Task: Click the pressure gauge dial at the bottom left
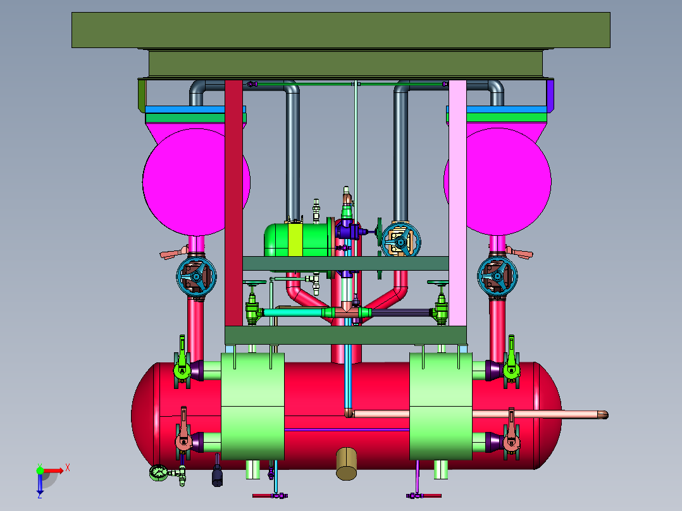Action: (158, 473)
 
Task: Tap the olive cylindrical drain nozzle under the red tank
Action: (346, 464)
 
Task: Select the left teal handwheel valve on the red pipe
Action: (196, 276)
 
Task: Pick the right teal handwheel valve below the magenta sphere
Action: (497, 276)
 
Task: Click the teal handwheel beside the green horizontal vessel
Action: (400, 240)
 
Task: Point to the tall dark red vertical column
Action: (233, 202)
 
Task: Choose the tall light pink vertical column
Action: (457, 202)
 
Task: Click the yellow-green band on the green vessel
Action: (295, 240)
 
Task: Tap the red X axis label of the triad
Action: (68, 468)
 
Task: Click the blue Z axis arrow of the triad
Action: (40, 484)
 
